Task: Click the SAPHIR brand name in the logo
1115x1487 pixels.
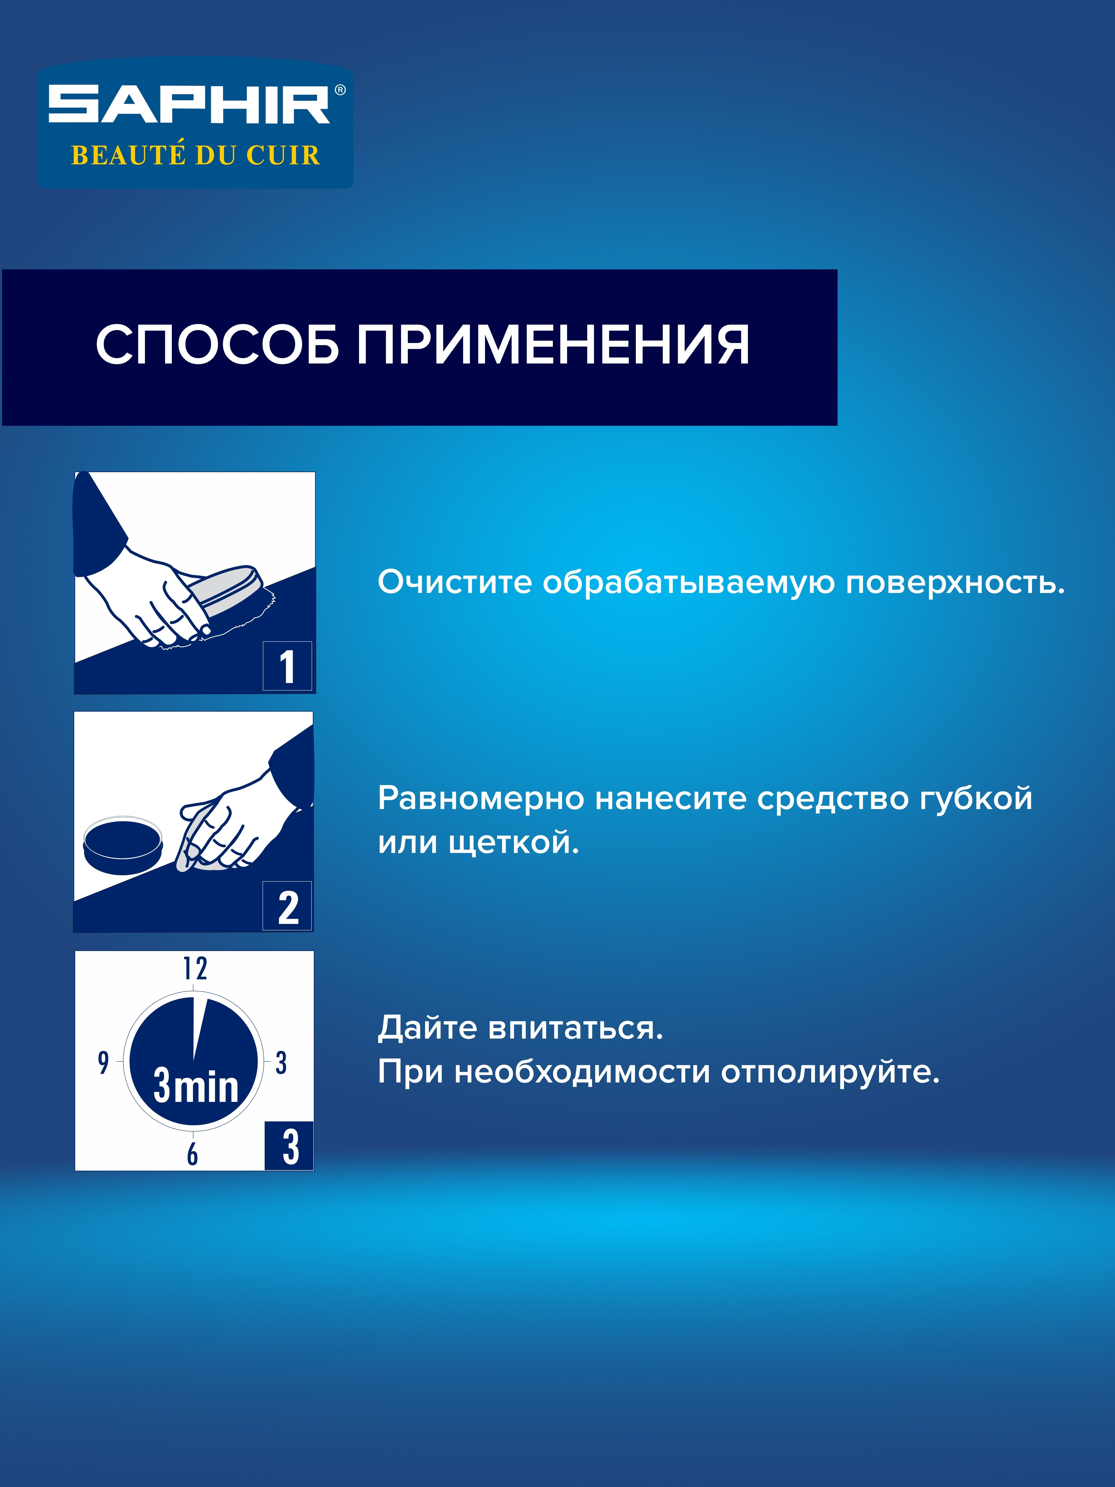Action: pos(189,105)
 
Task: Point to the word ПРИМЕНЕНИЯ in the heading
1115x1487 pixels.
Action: pos(552,345)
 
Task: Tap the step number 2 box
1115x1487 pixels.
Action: pos(287,906)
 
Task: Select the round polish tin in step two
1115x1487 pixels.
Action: pos(123,845)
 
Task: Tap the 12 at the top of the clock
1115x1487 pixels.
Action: pos(195,969)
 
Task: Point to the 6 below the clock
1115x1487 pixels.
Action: pos(192,1153)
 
